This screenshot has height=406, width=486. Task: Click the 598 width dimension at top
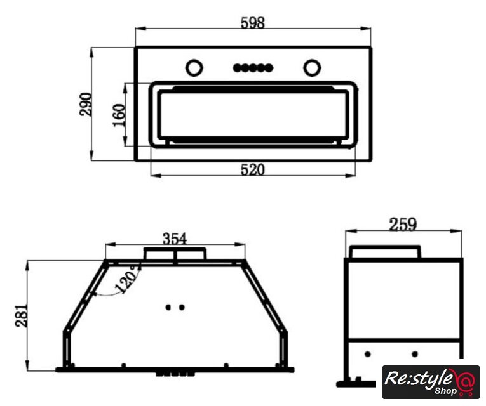click(x=253, y=23)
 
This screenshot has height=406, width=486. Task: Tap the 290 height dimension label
click(x=86, y=104)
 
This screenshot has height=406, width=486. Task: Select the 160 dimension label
click(x=119, y=115)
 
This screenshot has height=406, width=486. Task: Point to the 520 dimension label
click(x=253, y=169)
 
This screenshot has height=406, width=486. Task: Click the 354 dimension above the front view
click(x=175, y=239)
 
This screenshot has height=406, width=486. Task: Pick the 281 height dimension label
click(x=22, y=316)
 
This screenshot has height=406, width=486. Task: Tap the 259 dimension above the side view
click(x=403, y=225)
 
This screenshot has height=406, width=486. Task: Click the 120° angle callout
click(x=126, y=279)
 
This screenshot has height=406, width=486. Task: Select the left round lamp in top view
click(x=194, y=67)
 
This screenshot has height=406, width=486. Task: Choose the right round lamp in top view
click(x=312, y=67)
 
